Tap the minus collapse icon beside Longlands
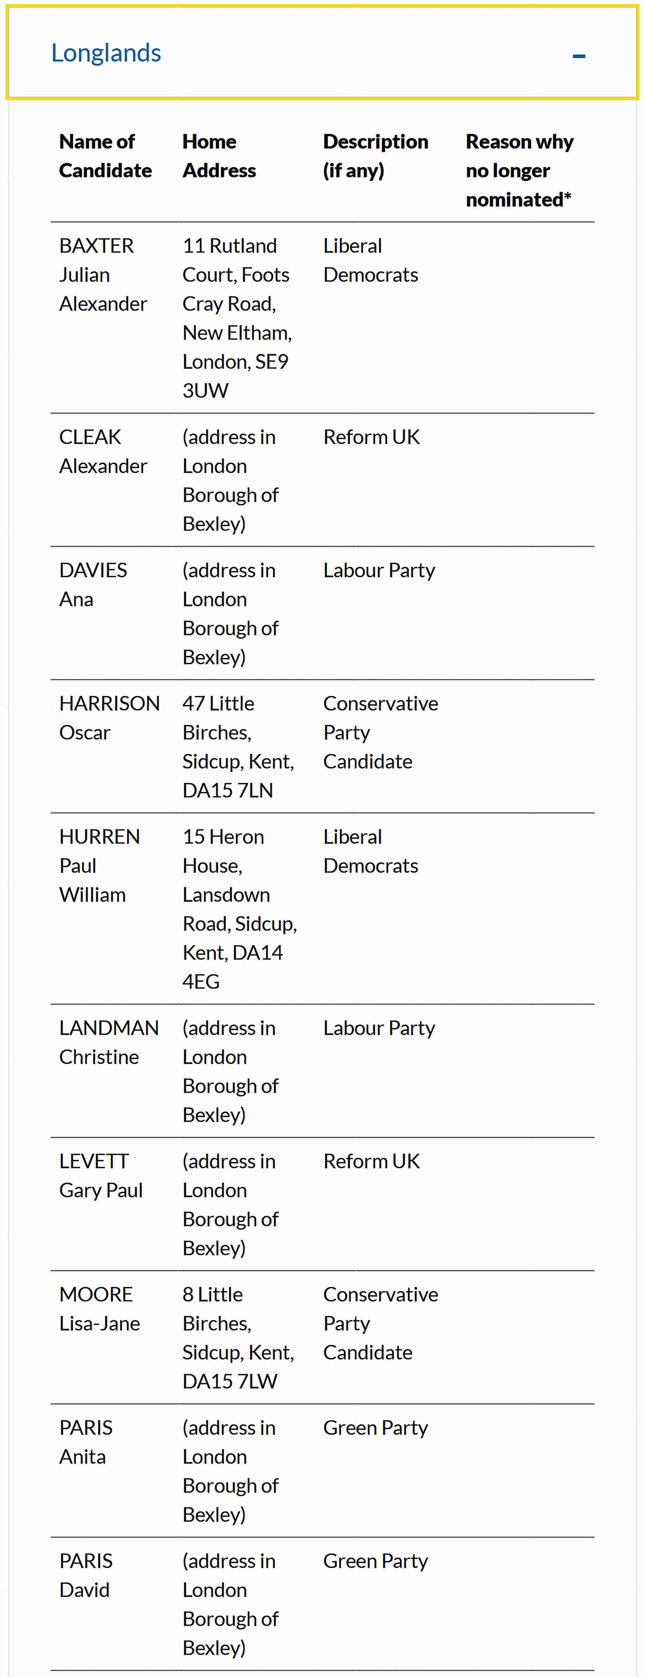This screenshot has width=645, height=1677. click(x=579, y=57)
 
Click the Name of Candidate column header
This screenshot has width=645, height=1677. click(x=105, y=156)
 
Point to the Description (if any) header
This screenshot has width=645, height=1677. click(x=375, y=156)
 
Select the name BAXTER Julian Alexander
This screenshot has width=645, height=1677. click(x=103, y=275)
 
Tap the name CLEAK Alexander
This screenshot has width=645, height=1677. click(x=103, y=451)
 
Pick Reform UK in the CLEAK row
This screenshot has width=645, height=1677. click(x=372, y=437)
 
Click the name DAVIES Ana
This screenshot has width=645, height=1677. click(x=93, y=585)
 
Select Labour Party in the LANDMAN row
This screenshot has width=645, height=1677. click(x=379, y=1028)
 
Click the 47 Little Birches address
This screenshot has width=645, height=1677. click(x=238, y=747)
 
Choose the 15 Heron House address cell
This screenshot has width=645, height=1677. click(x=239, y=909)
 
